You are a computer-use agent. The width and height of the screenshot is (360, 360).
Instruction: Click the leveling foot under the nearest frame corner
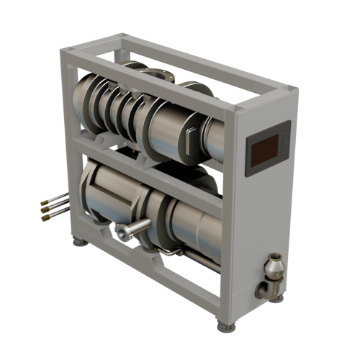pos(228,326)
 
